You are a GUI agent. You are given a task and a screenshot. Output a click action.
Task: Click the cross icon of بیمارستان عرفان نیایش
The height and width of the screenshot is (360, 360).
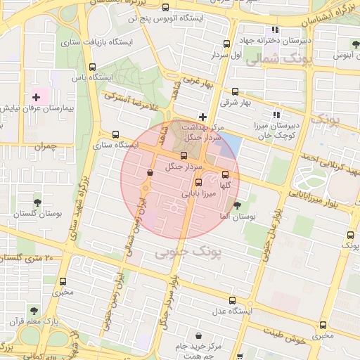pos(36,96)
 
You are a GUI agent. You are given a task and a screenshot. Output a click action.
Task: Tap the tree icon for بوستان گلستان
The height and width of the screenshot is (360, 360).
pos(37,202)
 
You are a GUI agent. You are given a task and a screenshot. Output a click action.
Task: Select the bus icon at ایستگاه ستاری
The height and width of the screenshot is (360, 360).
pos(115,134)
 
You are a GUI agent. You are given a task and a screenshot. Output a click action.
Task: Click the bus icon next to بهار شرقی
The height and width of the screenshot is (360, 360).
pos(235,91)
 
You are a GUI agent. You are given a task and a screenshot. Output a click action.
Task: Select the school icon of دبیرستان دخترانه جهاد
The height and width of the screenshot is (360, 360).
pos(275,30)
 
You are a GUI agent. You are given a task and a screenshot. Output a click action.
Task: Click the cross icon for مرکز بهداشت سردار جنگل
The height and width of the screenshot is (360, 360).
pos(203,116)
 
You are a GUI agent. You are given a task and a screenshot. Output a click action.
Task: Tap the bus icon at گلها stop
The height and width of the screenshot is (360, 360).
pos(225,174)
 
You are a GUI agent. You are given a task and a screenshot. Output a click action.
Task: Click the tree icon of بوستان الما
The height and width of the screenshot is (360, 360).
pos(237,205)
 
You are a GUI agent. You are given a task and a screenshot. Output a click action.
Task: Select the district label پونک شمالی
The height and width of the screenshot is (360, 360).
pos(274,61)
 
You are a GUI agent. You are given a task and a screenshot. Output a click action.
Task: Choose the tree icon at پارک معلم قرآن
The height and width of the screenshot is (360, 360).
pos(33,309)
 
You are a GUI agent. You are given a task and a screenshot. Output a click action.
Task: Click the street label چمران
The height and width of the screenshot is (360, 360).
pos(44,146)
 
